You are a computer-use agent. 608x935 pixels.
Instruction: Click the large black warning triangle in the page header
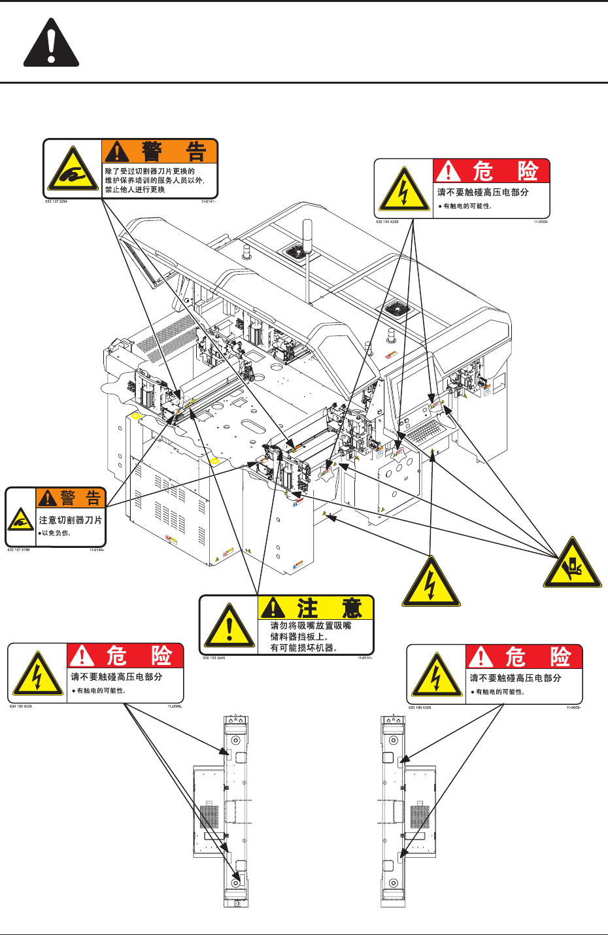coord(51,45)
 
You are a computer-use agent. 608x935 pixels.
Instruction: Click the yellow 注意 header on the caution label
coord(316,608)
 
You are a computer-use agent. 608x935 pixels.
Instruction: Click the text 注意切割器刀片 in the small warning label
coord(71,520)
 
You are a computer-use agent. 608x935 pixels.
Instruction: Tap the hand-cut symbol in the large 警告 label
coord(73,171)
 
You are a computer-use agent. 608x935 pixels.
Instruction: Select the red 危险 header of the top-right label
coord(492,171)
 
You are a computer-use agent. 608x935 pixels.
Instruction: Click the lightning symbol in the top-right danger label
coord(404,190)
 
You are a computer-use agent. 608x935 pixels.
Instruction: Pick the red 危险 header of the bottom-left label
coord(126,656)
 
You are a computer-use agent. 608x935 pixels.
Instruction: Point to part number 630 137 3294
coord(56,202)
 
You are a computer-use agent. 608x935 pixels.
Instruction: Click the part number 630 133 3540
coord(214,658)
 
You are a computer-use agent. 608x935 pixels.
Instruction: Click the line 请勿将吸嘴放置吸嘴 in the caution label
coord(311,626)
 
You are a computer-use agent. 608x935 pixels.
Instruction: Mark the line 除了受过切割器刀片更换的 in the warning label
coord(150,171)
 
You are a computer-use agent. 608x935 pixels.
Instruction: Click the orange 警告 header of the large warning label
coord(160,152)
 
